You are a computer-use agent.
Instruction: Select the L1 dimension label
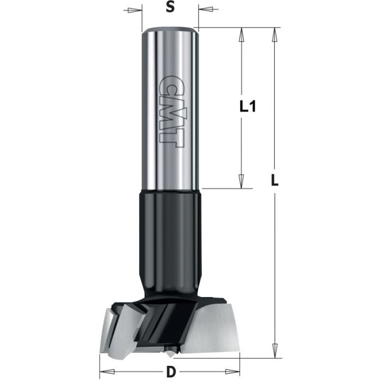tap(248, 107)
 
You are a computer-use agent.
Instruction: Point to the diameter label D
tap(171, 373)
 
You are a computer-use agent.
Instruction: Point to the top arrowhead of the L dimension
tap(275, 34)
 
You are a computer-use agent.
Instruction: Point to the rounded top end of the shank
tap(169, 30)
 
